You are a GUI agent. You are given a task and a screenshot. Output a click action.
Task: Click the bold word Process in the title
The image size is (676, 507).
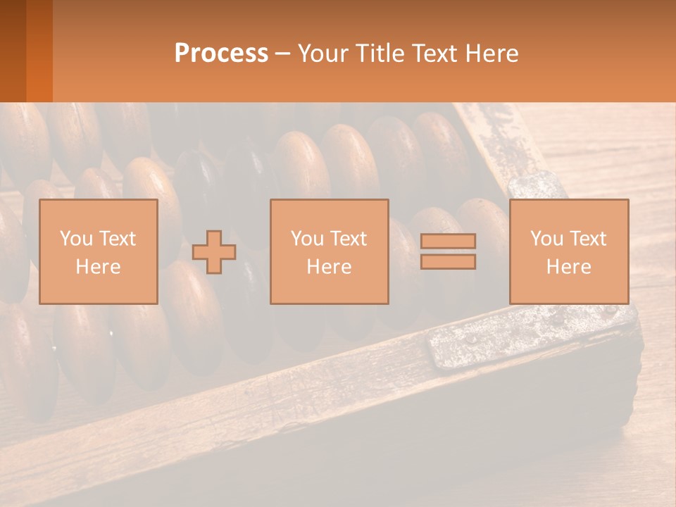click(221, 54)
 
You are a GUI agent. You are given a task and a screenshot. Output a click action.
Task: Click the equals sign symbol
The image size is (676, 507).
click(448, 251)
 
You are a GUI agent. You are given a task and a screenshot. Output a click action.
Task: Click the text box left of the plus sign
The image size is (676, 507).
click(99, 251)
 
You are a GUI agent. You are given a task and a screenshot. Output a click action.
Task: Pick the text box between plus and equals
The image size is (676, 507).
click(330, 251)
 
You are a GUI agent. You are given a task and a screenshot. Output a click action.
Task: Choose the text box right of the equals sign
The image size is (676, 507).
click(569, 251)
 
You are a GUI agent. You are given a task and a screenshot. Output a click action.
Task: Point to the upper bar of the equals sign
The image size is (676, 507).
click(448, 242)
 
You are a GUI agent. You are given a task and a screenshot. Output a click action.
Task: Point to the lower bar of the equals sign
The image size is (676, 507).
click(448, 262)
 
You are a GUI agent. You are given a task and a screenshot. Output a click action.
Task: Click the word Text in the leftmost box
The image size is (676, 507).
click(118, 239)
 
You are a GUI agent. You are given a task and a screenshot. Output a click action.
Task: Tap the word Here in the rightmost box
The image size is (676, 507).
click(569, 267)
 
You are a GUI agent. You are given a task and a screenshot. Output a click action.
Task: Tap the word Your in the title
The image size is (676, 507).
click(322, 54)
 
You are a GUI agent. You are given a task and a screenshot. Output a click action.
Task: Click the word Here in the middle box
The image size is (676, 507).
click(330, 267)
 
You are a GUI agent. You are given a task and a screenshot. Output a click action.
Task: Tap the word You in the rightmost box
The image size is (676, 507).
click(546, 239)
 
